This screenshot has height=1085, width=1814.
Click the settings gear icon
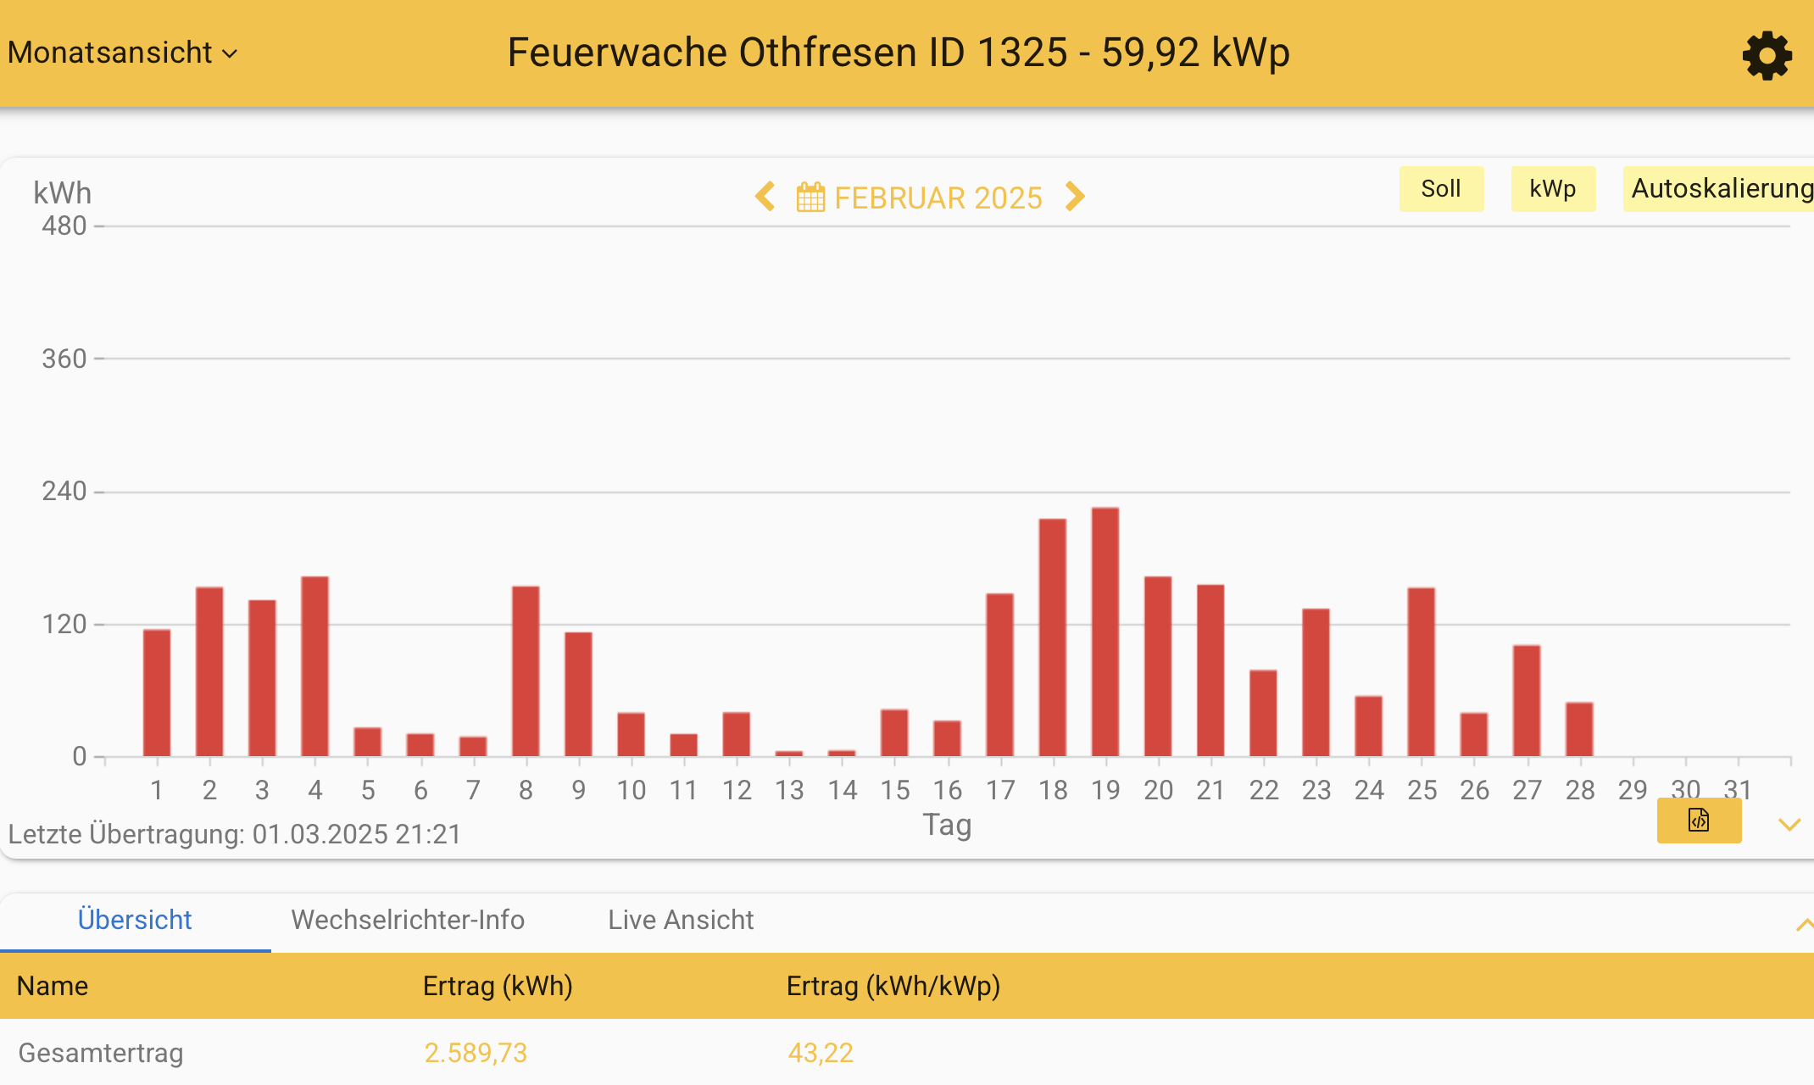tap(1767, 56)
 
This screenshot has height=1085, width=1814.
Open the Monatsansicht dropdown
tap(123, 53)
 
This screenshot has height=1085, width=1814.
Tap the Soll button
tap(1440, 188)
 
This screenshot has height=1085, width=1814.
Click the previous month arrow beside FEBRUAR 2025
tap(765, 197)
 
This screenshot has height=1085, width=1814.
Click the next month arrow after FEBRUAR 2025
tap(1075, 197)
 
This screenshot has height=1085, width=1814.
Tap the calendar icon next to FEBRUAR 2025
tap(810, 198)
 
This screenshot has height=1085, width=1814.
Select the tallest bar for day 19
tap(1105, 632)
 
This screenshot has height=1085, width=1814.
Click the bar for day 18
tap(1053, 637)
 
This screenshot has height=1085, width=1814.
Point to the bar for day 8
tap(526, 671)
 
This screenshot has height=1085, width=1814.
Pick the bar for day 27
tap(1527, 701)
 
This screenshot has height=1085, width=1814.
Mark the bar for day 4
tap(315, 666)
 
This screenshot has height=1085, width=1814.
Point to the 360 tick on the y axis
tap(64, 359)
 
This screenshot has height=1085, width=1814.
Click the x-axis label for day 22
tap(1263, 790)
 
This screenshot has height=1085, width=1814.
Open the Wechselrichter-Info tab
tap(408, 920)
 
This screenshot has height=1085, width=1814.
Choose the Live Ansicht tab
tap(681, 920)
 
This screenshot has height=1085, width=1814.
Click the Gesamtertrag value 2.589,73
tap(476, 1053)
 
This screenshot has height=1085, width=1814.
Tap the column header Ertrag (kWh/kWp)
tap(893, 986)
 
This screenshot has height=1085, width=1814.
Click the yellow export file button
tap(1699, 821)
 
